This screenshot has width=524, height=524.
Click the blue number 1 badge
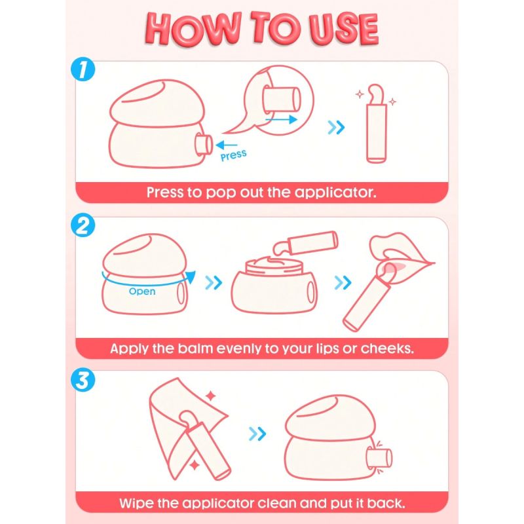(x=83, y=69)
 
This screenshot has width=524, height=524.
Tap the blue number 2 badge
(x=83, y=225)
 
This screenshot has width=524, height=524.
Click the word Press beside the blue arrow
(x=234, y=155)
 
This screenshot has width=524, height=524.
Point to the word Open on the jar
(x=142, y=291)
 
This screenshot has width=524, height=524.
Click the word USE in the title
(x=345, y=29)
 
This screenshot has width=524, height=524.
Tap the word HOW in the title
(x=193, y=29)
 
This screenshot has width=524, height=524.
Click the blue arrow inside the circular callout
(x=281, y=119)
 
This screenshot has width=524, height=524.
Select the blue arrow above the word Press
(x=226, y=145)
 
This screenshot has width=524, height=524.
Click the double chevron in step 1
(x=336, y=127)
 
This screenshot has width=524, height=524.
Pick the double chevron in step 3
(x=257, y=434)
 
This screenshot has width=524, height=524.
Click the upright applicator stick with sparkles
(x=376, y=124)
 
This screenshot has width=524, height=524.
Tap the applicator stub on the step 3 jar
(x=379, y=457)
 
